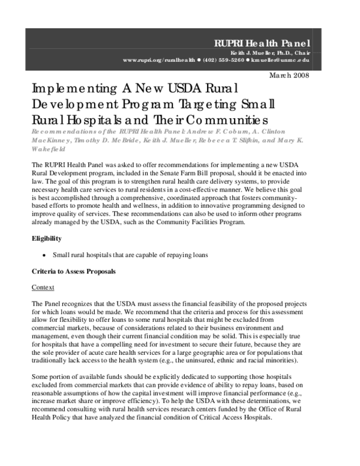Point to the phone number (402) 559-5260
coord(223,61)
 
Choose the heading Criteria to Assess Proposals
coord(73,271)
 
